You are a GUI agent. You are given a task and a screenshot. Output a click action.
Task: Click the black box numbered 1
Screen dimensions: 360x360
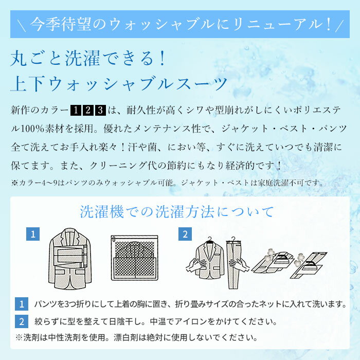tap(76, 110)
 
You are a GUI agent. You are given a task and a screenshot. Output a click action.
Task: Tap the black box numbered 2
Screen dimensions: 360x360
tap(88, 110)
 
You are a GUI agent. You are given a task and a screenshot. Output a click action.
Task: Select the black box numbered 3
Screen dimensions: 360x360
tap(100, 110)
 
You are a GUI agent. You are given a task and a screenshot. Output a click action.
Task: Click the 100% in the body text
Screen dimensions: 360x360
tap(32, 129)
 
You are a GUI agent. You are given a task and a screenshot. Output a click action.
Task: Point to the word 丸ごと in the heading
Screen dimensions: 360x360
tap(37, 58)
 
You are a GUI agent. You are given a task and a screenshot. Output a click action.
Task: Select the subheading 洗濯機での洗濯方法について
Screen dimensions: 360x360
tap(177, 211)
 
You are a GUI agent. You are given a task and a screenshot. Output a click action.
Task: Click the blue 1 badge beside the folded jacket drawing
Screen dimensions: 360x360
tap(33, 234)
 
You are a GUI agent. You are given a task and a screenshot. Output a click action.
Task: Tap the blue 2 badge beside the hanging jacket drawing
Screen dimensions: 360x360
tap(185, 234)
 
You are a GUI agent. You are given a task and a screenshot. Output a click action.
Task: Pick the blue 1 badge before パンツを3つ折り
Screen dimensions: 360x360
tap(22, 304)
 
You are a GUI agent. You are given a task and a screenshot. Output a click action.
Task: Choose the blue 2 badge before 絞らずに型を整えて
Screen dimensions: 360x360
tap(22, 321)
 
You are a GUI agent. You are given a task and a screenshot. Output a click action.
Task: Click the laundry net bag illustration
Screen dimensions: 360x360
tap(135, 258)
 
